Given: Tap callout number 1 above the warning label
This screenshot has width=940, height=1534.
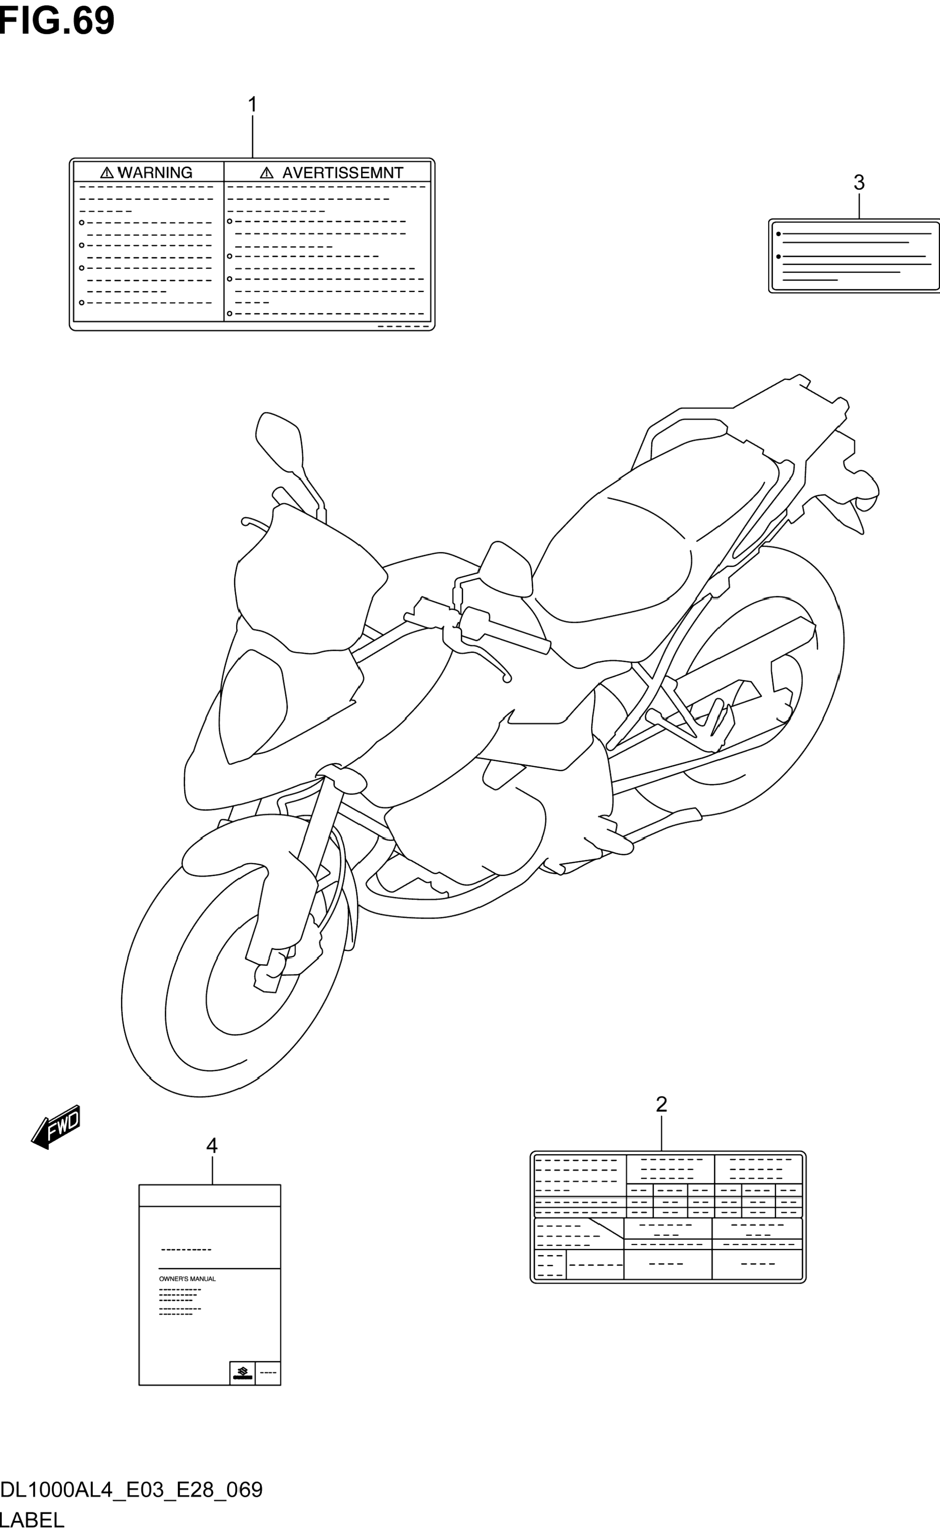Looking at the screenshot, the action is (252, 104).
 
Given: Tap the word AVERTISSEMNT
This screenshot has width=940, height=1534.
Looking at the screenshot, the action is (342, 172).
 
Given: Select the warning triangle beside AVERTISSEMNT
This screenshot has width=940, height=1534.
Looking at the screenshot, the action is (267, 172).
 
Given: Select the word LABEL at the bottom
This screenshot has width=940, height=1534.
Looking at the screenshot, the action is (33, 1521).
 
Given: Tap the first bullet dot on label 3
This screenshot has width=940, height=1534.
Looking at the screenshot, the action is (778, 234).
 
